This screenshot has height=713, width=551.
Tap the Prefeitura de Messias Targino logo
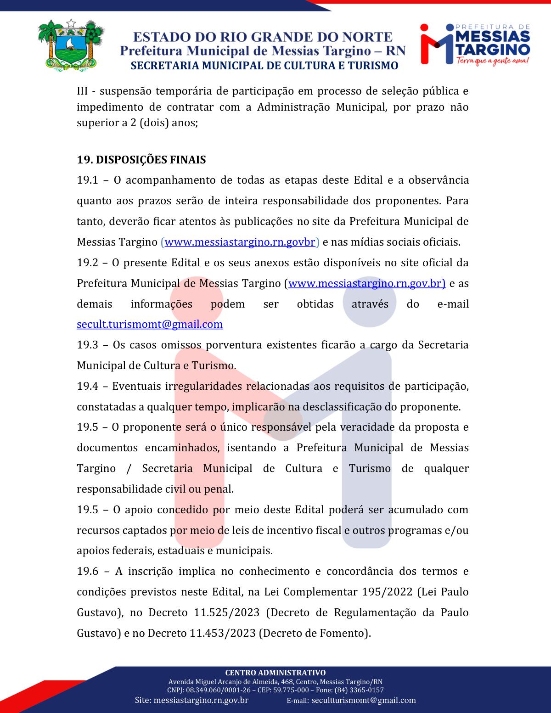point(475,43)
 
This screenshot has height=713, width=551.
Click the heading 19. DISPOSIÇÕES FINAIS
point(141,160)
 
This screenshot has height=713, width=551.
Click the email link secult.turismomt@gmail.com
point(150,324)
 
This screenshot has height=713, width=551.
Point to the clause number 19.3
point(87,345)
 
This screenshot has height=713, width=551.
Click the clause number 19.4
point(87,386)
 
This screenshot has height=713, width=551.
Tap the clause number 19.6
point(87,571)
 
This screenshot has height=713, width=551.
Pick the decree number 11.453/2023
point(223,633)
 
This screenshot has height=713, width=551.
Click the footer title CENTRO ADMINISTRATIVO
point(275,673)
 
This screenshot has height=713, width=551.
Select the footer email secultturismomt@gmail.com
point(364,700)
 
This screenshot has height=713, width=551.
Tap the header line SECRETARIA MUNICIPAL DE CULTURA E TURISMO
point(264,66)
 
